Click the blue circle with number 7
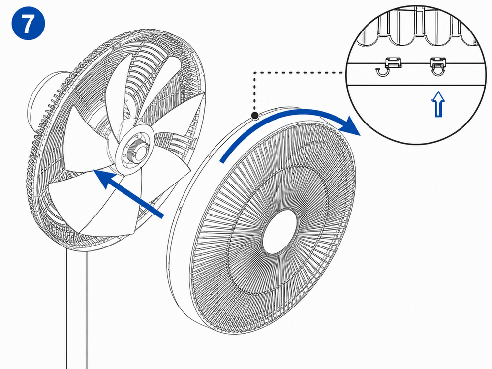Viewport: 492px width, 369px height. [x=28, y=23]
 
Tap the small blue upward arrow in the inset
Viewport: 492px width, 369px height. [x=438, y=104]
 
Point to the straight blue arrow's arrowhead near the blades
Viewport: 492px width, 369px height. [x=105, y=179]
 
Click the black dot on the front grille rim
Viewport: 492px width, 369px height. [x=255, y=116]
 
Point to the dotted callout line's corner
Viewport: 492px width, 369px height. [x=254, y=73]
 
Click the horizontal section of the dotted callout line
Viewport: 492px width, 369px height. [x=299, y=73]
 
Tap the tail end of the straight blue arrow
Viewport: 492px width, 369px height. [x=161, y=215]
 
